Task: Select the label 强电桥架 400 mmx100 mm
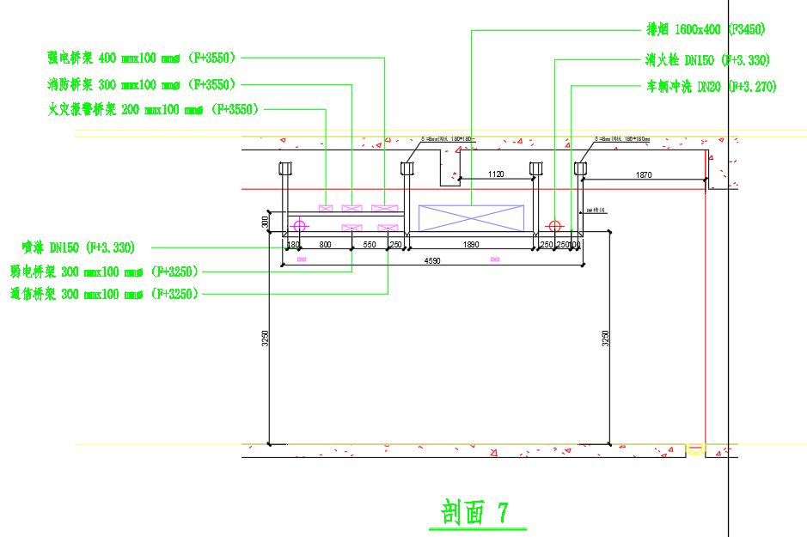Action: click(142, 58)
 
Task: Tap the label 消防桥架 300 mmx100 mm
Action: click(142, 84)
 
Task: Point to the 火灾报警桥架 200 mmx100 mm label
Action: click(155, 109)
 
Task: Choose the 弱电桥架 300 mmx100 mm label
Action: click(104, 271)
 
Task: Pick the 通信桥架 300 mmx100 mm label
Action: click(104, 294)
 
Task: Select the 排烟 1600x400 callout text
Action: click(706, 29)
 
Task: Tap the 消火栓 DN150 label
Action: click(707, 60)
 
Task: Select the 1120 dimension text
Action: click(495, 174)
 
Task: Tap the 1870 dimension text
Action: click(644, 175)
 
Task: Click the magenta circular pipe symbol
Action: click(299, 227)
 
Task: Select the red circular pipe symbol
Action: click(554, 227)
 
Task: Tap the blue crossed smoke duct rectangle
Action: click(470, 218)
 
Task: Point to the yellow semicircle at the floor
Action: click(695, 449)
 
